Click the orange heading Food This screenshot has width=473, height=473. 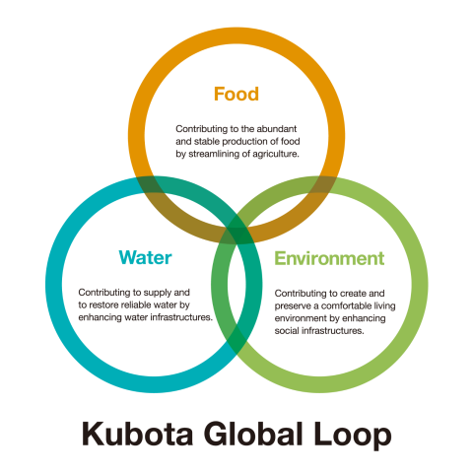(236, 94)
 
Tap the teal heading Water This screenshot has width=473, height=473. (145, 257)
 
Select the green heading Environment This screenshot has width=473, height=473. (329, 258)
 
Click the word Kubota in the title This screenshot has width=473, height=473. (137, 434)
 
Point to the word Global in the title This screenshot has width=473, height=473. (253, 434)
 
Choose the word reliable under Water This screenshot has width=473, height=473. (136, 305)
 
